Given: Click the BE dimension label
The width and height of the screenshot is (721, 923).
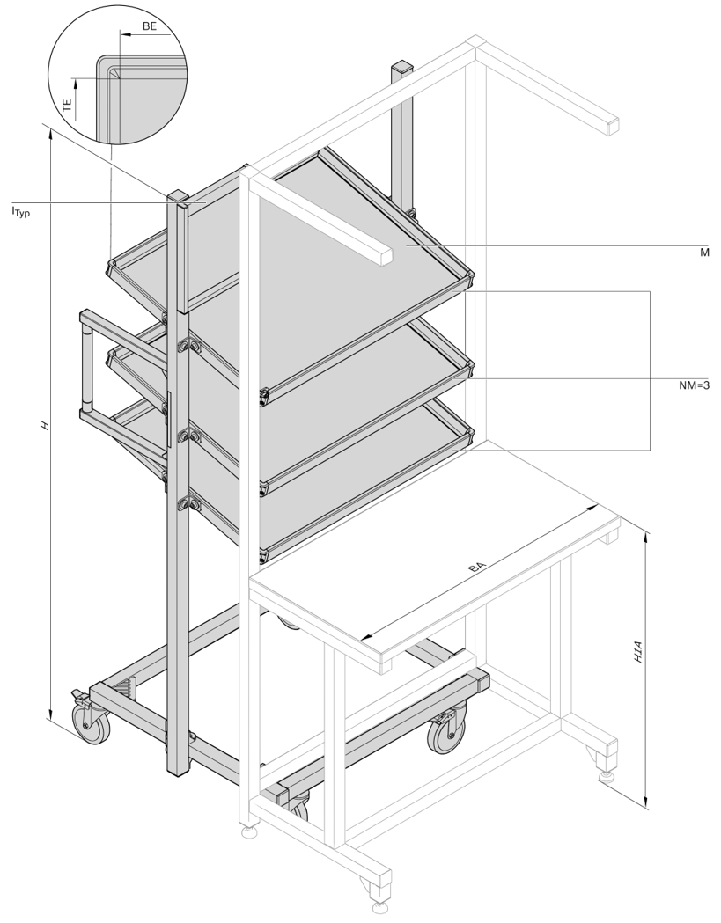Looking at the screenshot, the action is tap(150, 26).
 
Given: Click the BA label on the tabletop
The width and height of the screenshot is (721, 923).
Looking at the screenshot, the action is tap(476, 568).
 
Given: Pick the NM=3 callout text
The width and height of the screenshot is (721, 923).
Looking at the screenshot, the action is tap(694, 385).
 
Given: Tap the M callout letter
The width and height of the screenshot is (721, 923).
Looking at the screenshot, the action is tap(704, 253).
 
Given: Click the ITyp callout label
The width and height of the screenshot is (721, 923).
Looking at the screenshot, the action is tap(20, 211).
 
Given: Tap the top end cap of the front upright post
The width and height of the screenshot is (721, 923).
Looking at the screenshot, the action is tap(177, 196).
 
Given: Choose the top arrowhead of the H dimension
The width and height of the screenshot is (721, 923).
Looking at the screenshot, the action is tap(51, 135).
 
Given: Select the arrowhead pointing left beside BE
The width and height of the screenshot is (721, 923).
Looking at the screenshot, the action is tap(125, 34).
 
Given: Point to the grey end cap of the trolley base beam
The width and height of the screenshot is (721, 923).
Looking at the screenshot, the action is tap(482, 681).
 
